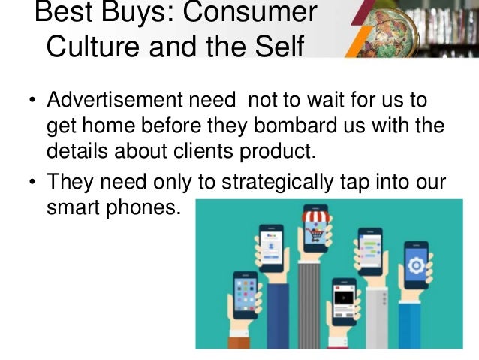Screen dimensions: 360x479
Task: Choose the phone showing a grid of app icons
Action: click(244, 289)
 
